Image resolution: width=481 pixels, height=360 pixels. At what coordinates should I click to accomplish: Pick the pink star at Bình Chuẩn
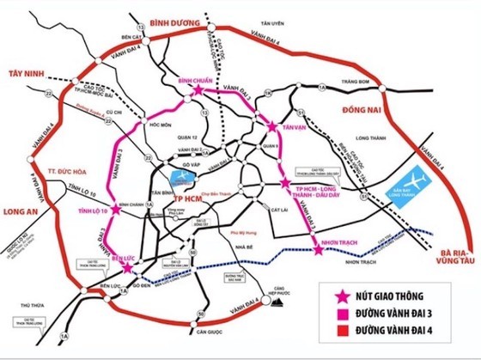pos(199,89)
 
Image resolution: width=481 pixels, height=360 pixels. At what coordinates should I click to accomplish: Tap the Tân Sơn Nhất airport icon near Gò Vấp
pos(182,176)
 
